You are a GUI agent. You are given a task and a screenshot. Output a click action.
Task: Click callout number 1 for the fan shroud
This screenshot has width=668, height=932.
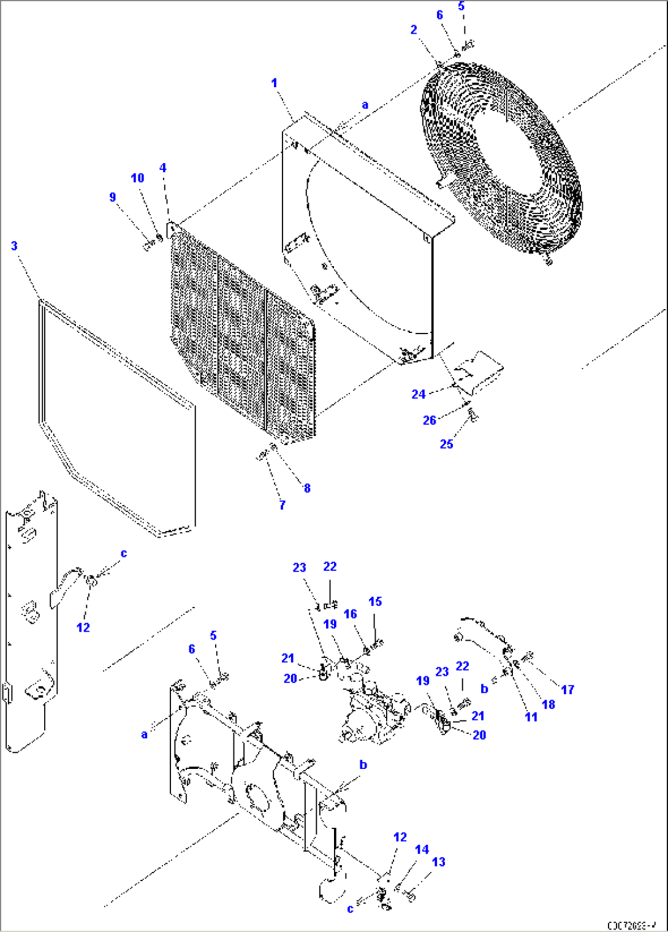pos(274,83)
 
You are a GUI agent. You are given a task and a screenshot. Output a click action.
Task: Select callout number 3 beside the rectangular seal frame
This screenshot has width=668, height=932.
pos(14,246)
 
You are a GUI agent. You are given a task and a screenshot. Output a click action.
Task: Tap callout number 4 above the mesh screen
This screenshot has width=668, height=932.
pos(162,168)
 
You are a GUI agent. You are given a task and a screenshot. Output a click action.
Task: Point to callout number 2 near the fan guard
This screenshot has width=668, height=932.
pos(414,30)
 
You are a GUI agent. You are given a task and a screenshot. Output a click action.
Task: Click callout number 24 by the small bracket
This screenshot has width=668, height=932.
pos(419,394)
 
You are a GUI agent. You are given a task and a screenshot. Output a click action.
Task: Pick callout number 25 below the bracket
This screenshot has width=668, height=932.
pos(446,444)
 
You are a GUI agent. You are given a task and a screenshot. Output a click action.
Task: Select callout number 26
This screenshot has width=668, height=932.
pos(429,420)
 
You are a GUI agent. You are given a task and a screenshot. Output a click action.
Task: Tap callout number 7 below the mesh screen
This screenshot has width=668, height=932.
pos(282,505)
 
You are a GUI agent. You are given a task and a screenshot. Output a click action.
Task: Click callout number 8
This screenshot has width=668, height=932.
pos(307,488)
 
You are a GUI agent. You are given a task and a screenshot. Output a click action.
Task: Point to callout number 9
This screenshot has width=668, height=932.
pos(112,197)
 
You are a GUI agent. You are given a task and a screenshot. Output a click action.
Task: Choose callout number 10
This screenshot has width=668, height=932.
pos(137,178)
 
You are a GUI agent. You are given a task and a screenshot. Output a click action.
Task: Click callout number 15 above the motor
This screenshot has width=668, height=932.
pos(375,602)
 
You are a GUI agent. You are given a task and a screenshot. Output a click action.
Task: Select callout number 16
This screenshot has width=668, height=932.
pos(350,614)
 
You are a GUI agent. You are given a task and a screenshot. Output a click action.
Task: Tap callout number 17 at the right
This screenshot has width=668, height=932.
pos(567,689)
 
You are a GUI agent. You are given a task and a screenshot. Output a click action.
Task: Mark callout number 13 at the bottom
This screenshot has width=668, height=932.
pos(439,861)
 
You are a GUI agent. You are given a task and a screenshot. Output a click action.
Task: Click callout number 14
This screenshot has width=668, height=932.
pos(422,849)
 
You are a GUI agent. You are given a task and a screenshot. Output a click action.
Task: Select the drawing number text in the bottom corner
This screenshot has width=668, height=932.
pos(632,925)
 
